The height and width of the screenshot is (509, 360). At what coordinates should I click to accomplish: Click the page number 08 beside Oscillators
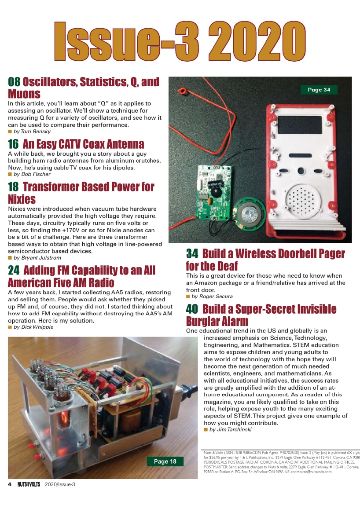[x=14, y=82]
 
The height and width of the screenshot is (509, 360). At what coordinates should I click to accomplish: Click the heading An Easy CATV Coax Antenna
[x=83, y=144]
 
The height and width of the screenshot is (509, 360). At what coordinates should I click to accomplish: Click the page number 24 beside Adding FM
[x=14, y=270]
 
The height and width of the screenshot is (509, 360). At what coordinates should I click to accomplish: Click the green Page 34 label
[x=319, y=90]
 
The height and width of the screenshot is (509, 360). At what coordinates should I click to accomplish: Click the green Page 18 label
[x=165, y=461]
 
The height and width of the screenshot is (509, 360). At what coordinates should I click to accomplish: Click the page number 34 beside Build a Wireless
[x=192, y=254]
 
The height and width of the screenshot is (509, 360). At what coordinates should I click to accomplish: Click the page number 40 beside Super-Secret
[x=192, y=309]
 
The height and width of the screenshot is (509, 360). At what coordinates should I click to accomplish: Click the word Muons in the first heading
[x=24, y=94]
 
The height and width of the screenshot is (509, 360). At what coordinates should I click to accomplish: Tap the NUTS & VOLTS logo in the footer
[x=29, y=484]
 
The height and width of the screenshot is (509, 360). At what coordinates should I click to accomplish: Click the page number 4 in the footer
[x=9, y=484]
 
